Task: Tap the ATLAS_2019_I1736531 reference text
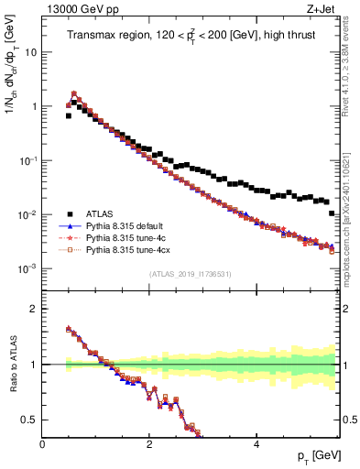pos(190,274)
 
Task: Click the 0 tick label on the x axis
pos(43,443)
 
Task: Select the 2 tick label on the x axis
pos(149,443)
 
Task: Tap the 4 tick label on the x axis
pos(256,443)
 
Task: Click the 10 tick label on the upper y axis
pos(30,52)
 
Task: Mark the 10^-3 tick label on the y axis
pos(27,268)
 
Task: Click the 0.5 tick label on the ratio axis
pos(28,420)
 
